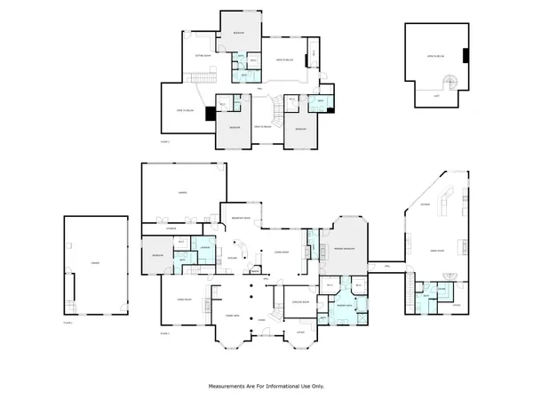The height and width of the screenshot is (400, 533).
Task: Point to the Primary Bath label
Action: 343,305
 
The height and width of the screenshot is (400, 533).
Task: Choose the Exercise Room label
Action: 300,302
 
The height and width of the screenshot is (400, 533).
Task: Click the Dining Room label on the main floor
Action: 186,300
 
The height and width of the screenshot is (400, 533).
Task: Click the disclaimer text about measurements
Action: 266,387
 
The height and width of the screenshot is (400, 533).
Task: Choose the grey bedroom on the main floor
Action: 157,254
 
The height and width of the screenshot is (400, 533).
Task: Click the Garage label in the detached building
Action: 93,264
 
